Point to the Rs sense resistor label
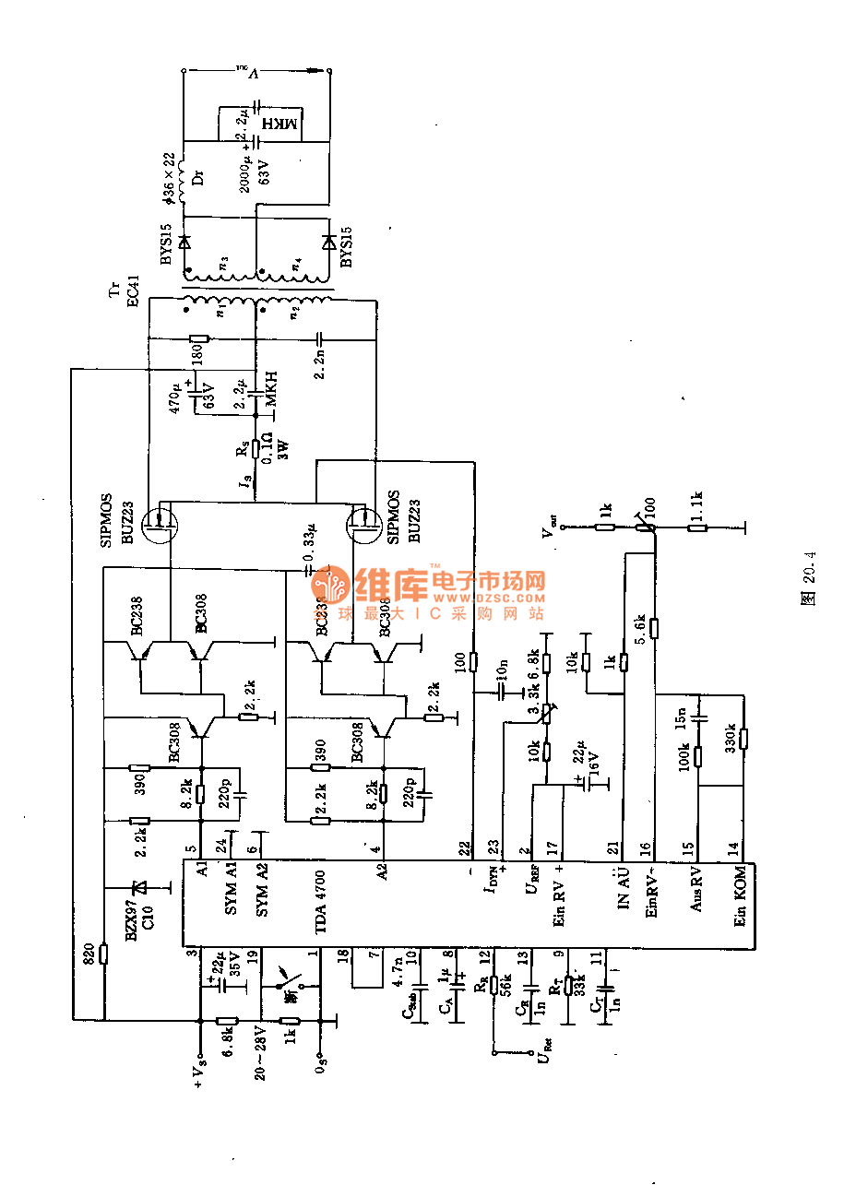tap(242, 448)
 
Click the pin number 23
tap(493, 846)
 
